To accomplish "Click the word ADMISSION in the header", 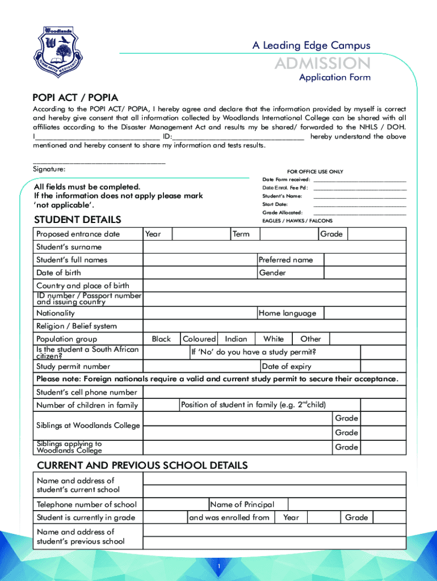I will coord(322,63).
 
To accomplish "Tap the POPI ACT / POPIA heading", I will coord(75,98).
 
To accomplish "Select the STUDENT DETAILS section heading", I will coord(77,220).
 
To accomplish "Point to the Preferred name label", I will coord(285,260).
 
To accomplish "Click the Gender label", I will coord(272,273).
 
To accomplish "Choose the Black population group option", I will coord(161,339).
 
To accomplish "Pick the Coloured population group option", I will coord(199,339).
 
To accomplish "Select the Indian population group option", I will coord(236,339).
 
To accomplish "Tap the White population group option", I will coord(274,339).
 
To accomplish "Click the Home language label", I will coord(287,313).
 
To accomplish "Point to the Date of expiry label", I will coord(287,367).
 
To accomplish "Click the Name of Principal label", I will coord(242,504).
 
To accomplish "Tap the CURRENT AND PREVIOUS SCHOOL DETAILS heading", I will coord(142,466).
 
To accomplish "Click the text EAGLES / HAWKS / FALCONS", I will coord(297,221).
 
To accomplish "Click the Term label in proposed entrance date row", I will coord(241,234).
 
